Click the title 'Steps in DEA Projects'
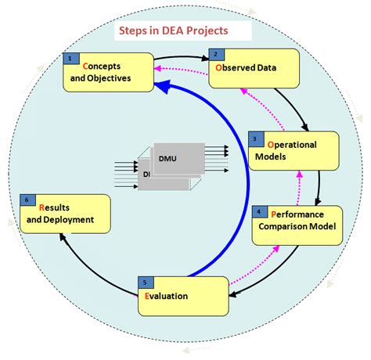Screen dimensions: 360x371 [173, 32]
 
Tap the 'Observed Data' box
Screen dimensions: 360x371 [254, 69]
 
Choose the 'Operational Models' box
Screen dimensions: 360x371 [293, 149]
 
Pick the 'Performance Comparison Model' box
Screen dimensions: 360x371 [297, 225]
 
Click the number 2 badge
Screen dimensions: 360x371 [215, 54]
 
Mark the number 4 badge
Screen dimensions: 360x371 [259, 212]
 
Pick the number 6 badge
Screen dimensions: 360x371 [28, 200]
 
